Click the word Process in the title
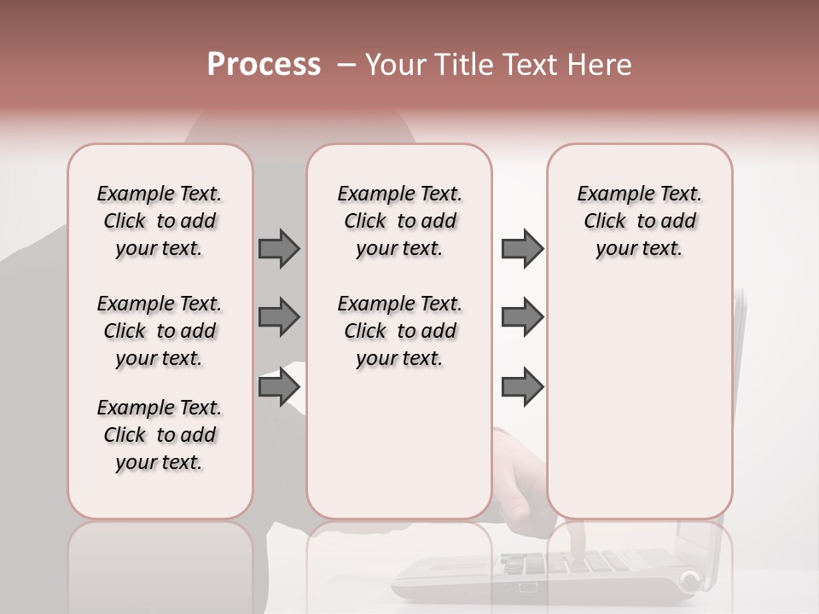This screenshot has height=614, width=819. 264,65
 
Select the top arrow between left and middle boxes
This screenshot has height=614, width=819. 279,248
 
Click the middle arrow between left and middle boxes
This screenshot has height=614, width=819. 279,317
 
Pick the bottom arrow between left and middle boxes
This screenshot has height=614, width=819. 279,388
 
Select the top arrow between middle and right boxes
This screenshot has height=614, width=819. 522,248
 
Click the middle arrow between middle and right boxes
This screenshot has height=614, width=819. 522,317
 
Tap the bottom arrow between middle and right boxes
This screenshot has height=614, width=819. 522,388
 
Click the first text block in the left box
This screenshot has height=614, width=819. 160,221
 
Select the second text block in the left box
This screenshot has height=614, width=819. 160,331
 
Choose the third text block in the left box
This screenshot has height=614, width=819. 160,435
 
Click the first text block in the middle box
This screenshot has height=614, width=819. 399,221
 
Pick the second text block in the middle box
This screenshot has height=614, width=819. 399,331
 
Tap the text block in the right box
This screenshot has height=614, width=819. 639,221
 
